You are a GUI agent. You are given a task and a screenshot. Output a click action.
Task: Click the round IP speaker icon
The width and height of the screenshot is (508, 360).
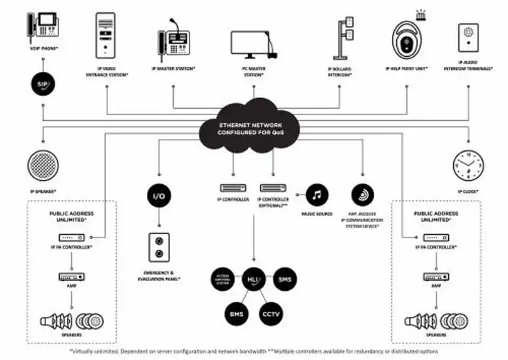[x=43, y=167]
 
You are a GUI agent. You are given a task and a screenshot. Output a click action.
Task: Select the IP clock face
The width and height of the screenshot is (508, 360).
[x=468, y=167]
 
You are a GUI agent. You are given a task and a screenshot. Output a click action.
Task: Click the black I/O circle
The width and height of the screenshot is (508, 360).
[x=159, y=195]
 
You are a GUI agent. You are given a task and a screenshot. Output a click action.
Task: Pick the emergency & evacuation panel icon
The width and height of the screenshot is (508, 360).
[x=159, y=247]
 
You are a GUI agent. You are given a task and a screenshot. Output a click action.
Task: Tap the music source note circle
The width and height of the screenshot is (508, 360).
[x=318, y=194]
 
